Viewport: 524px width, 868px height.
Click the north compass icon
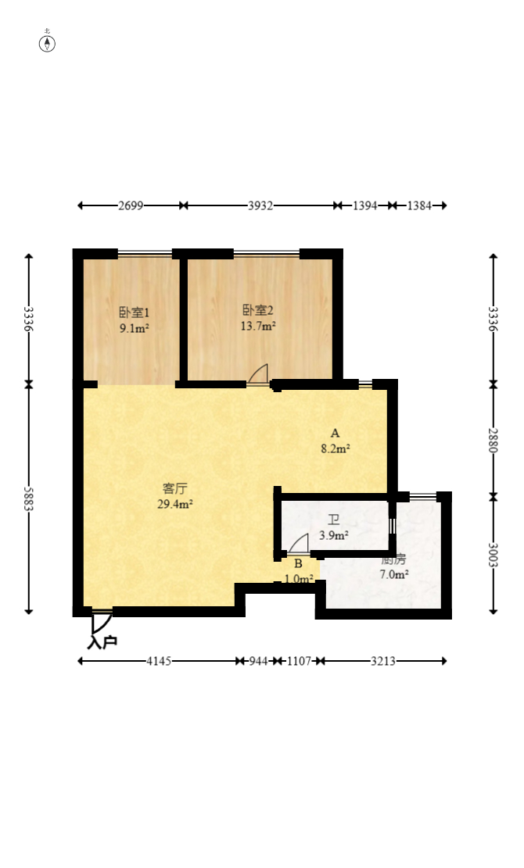(x=48, y=42)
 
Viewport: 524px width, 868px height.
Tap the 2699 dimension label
(x=131, y=205)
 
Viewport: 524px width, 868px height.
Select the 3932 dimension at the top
(x=260, y=205)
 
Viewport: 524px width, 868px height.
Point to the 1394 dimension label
(x=364, y=205)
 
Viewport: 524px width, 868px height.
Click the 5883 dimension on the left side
(x=29, y=498)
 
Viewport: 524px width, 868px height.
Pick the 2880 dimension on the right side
(x=493, y=440)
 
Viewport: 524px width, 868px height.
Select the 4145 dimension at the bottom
(x=159, y=661)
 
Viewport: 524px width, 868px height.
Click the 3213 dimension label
(x=382, y=661)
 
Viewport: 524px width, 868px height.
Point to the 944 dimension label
(x=257, y=661)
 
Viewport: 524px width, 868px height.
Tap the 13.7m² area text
(x=257, y=326)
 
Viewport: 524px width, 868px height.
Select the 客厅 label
(x=174, y=488)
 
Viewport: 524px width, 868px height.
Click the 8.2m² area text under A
(x=335, y=448)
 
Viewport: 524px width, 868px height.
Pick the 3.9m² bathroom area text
(x=334, y=536)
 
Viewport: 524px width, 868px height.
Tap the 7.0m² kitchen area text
(x=394, y=574)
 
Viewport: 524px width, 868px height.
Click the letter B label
(x=298, y=563)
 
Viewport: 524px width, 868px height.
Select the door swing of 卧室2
(x=258, y=374)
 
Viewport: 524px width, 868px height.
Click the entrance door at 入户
(x=99, y=621)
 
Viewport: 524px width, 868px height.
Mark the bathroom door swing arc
(x=298, y=544)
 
